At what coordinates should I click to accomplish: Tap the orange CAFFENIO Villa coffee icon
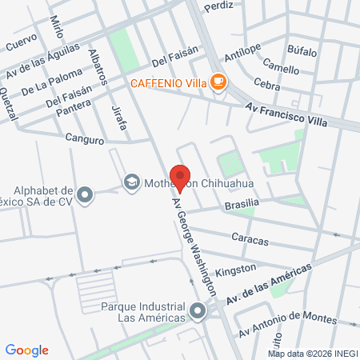tap(218, 82)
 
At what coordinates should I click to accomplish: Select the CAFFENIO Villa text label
tap(170, 82)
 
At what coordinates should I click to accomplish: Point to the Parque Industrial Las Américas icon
tap(198, 310)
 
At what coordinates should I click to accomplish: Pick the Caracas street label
tap(250, 238)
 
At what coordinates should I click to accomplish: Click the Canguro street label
tap(85, 139)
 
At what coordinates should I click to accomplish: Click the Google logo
tap(27, 350)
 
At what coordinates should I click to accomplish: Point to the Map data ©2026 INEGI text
tap(313, 353)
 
